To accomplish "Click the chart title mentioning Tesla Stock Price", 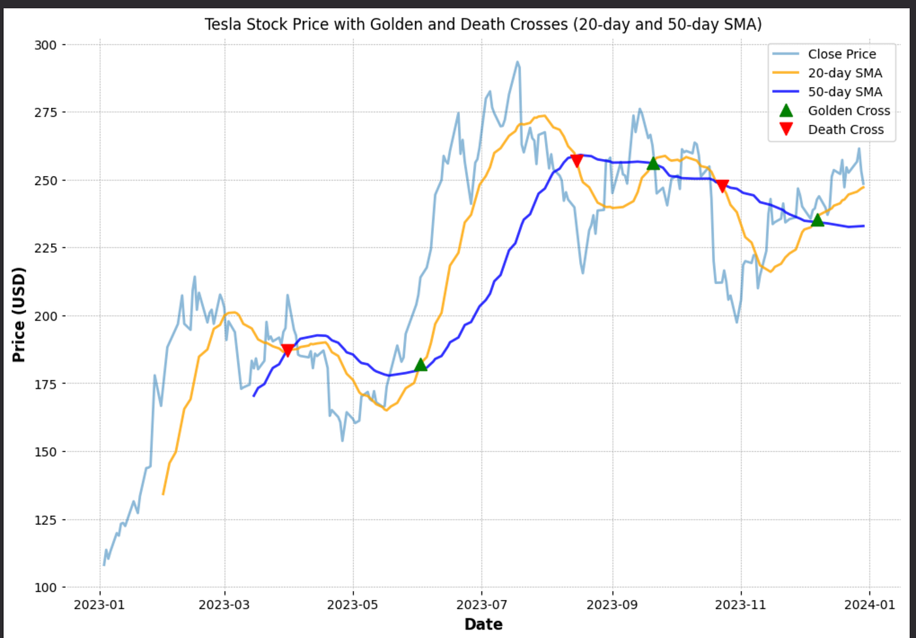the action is coord(483,25).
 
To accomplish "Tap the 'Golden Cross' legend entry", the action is coord(834,111).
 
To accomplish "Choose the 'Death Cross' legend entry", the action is coord(832,130).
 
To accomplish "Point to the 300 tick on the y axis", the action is coord(45,44).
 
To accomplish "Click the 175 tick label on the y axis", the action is coord(45,383).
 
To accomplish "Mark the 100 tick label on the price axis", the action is coord(45,588).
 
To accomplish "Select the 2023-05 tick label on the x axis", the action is coord(353,605).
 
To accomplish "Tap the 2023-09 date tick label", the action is coord(612,605).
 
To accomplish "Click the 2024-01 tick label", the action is coord(870,605).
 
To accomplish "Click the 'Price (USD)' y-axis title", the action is coord(19,315).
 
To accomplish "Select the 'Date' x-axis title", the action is coord(484,624).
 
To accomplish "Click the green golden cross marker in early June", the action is coord(421,364).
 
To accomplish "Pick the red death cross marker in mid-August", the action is coord(576,161).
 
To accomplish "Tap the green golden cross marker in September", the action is coord(654,163).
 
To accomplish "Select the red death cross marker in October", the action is coord(722,186).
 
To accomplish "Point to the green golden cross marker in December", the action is coord(817,220).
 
